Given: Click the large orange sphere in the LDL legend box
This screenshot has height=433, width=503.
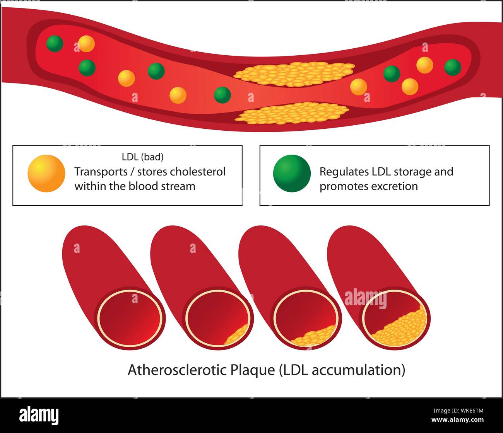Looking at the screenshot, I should tap(46, 173).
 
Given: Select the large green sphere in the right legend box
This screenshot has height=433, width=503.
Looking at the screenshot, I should tap(292, 173).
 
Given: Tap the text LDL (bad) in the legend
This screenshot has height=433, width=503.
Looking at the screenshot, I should tap(142, 157).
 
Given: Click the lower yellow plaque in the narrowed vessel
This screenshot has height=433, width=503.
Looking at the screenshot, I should tap(294, 113).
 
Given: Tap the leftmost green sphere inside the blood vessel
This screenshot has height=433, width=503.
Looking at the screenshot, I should tap(55, 43).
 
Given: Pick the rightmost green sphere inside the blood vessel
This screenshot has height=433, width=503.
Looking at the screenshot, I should tap(452, 67).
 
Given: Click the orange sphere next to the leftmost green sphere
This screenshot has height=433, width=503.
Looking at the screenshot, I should tap(86, 44).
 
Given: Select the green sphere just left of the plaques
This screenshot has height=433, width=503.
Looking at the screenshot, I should tap(222, 95).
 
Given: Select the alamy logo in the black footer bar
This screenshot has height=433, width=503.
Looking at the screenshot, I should tap(39, 415).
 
